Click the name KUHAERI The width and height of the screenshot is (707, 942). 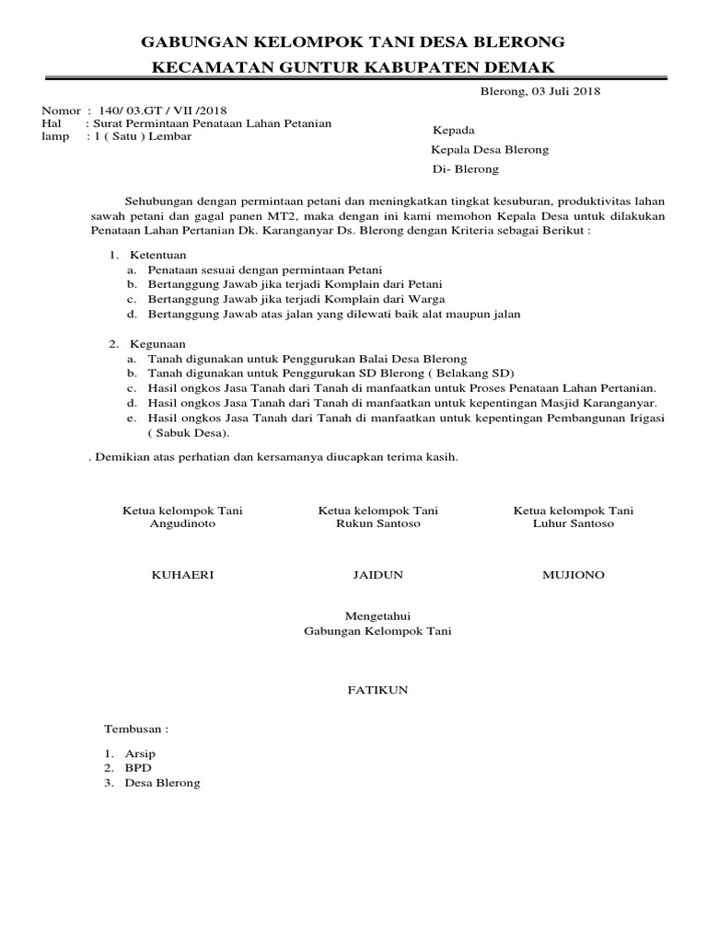click(182, 574)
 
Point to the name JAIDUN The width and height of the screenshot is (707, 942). click(377, 574)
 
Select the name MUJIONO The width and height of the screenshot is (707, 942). click(574, 574)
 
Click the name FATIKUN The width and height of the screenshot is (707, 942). click(377, 688)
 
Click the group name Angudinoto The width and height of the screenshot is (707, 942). click(182, 523)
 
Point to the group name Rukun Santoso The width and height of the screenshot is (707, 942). click(378, 523)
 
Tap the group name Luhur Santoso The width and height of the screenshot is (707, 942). click(574, 523)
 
